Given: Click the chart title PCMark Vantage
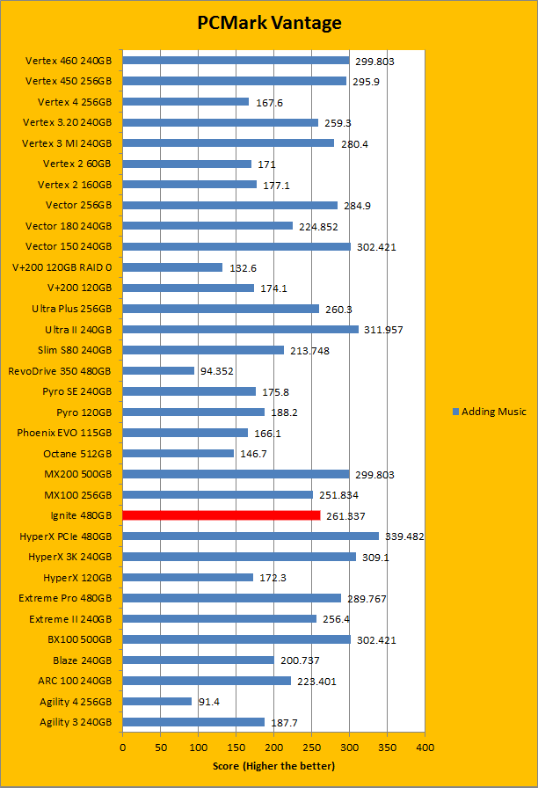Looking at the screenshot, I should point(268,23).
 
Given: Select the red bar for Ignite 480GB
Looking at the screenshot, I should point(221,515).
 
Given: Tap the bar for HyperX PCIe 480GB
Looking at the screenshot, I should point(251,536).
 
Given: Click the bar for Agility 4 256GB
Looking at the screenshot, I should point(156,701).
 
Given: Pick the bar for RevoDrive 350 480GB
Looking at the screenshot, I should point(158,370).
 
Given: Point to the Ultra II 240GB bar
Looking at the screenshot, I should point(240,329).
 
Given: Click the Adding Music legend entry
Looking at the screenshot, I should point(489,412).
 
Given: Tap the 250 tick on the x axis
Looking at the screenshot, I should point(311,747).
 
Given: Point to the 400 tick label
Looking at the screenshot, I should point(425,747).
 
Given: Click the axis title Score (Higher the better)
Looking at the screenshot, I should point(273,766).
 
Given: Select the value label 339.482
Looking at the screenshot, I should point(405,536).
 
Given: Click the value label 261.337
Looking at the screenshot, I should point(344,516).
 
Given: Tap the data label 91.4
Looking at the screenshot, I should point(209,702).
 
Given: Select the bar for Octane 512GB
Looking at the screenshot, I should point(178,453).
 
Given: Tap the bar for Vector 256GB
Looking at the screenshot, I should point(229,205).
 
